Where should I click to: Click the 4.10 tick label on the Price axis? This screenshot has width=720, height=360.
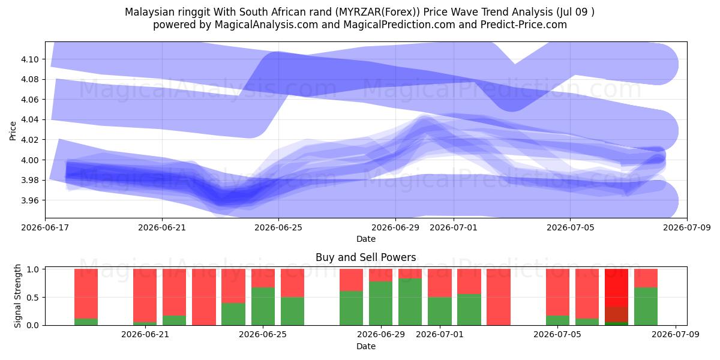coord(30,59)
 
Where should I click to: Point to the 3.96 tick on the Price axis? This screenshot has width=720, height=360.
coord(30,200)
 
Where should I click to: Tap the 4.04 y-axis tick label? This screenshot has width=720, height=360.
coord(30,120)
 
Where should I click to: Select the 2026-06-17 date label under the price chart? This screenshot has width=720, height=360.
coord(45,227)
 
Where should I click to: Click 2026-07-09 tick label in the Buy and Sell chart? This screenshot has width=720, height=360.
coord(676,334)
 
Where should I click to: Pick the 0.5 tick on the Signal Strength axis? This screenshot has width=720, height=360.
coord(32,298)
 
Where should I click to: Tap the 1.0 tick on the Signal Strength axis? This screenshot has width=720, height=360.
coord(32,269)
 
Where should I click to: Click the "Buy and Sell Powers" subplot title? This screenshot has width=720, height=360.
coord(366,257)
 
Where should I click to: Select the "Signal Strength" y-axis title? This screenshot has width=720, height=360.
coord(17,296)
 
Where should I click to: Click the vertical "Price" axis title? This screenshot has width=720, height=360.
coord(13,131)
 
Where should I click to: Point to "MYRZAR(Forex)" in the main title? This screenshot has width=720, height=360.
coord(377,12)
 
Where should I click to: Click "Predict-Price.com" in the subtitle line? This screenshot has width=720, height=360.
coord(524,25)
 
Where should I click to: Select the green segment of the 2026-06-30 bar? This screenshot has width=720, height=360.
coord(410,302)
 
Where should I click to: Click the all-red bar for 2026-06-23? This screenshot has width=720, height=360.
coord(204,297)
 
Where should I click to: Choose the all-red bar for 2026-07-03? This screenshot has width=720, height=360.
coord(499,297)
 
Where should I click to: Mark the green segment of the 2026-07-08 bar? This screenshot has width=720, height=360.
coord(646,307)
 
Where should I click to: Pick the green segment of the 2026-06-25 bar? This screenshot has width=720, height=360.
coord(263,307)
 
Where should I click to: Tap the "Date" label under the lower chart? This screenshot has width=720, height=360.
coord(366,346)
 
